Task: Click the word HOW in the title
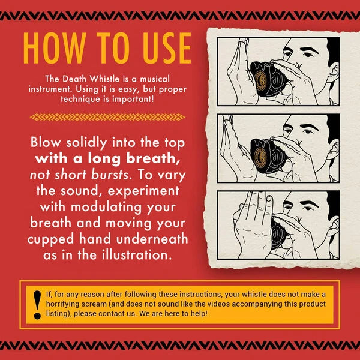point(55,48)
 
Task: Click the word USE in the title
point(166,48)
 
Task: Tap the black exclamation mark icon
point(37,305)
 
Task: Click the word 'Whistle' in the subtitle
point(104,79)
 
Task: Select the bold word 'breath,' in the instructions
point(153,158)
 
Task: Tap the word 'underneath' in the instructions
point(152,239)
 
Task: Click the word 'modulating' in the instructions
point(106,207)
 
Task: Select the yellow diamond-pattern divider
point(107,117)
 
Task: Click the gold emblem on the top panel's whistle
point(260,80)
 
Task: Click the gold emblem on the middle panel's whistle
point(260,157)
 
